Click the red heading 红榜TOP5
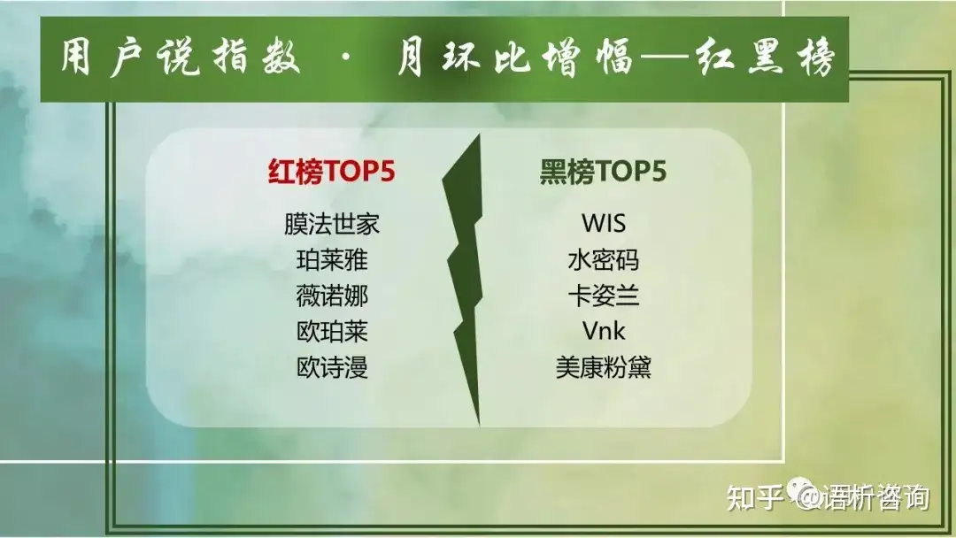coord(332,171)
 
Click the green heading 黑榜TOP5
coord(603,171)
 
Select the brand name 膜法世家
coord(332,224)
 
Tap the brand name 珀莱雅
coord(332,260)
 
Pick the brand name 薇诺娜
coord(332,296)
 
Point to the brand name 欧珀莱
coord(332,332)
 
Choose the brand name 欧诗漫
coord(332,367)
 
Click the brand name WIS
coord(604,224)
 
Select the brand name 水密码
coord(604,260)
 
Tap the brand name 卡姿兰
coord(604,296)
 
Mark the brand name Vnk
coord(604,332)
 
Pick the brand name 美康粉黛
coord(604,367)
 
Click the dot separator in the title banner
coord(347,59)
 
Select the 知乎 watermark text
coord(755,498)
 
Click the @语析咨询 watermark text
coord(864,498)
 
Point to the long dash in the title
coord(665,59)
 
